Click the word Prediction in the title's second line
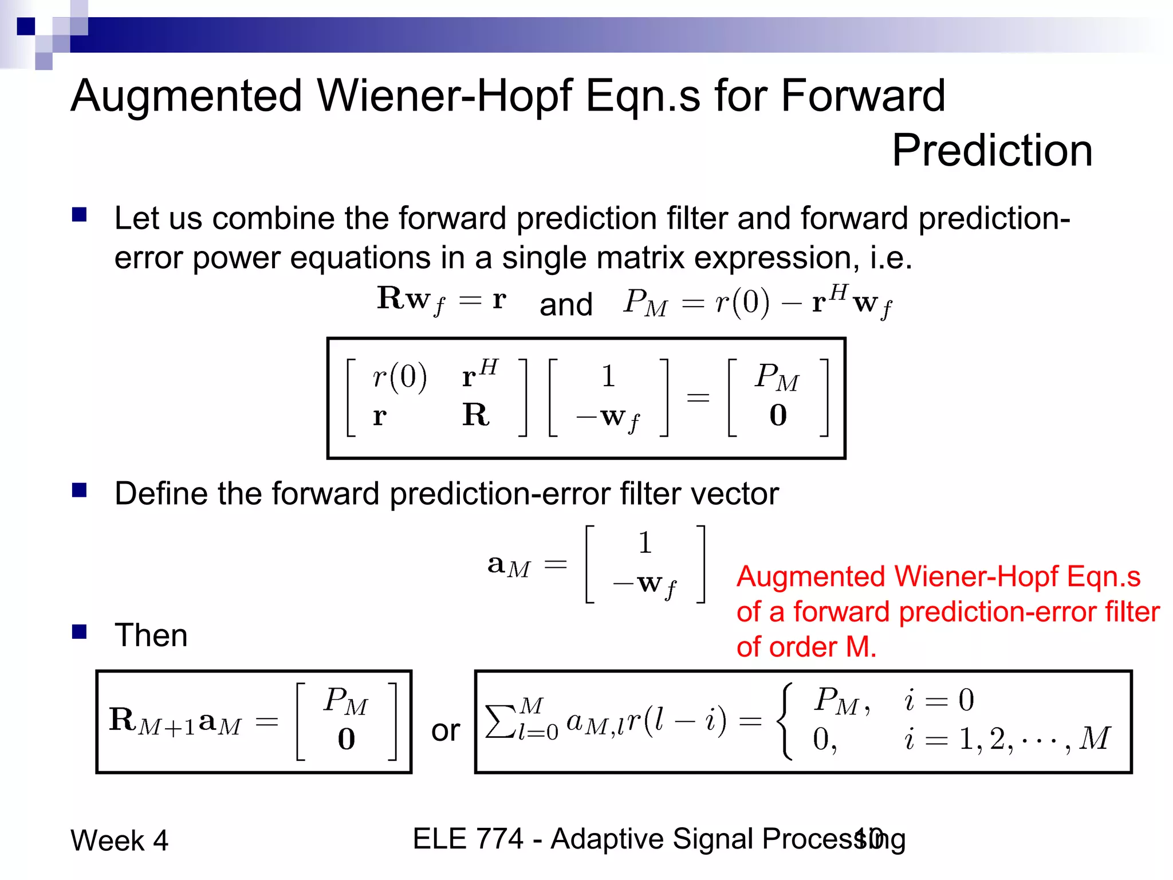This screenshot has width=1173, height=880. click(x=992, y=150)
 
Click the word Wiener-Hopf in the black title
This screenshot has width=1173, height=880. click(x=444, y=95)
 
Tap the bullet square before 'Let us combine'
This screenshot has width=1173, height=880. click(x=79, y=215)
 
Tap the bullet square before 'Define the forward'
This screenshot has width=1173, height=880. click(x=79, y=490)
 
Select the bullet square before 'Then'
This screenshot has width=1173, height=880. click(x=79, y=632)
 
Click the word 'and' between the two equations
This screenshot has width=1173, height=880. click(x=566, y=304)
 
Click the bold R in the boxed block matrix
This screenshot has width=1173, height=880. click(x=476, y=415)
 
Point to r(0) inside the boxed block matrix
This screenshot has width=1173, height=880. click(x=399, y=377)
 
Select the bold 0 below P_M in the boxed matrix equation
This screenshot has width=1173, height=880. click(x=778, y=415)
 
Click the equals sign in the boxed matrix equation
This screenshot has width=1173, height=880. click(x=698, y=397)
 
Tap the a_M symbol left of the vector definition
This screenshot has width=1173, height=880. click(x=509, y=565)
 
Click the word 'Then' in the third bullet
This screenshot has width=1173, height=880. click(x=151, y=635)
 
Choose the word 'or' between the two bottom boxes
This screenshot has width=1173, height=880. click(x=446, y=730)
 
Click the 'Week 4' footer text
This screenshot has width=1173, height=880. click(x=119, y=840)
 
